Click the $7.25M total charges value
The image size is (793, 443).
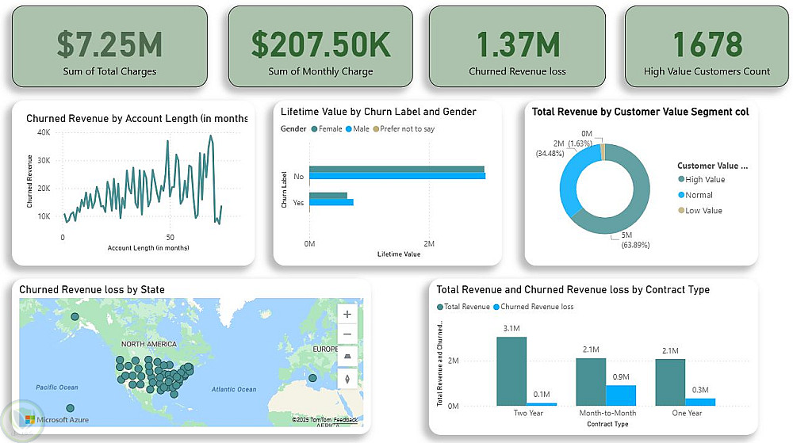pyautogui.click(x=109, y=44)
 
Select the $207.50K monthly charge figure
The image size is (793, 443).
pyautogui.click(x=320, y=44)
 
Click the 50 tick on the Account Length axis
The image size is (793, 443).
pyautogui.click(x=170, y=238)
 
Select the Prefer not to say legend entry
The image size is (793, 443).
pyautogui.click(x=408, y=128)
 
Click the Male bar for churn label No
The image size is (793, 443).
pyautogui.click(x=396, y=176)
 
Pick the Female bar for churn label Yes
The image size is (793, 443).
pyautogui.click(x=328, y=196)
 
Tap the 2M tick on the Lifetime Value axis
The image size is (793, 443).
pyautogui.click(x=429, y=243)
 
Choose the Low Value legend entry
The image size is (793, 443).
pyautogui.click(x=704, y=210)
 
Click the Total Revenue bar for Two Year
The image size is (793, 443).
pyautogui.click(x=511, y=371)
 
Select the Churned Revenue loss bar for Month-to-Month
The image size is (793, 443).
pyautogui.click(x=620, y=395)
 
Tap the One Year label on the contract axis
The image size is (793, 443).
pyautogui.click(x=686, y=413)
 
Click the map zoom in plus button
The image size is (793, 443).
pyautogui.click(x=347, y=314)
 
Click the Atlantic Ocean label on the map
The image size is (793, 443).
pyautogui.click(x=234, y=389)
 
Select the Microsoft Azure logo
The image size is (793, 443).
pyautogui.click(x=56, y=419)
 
